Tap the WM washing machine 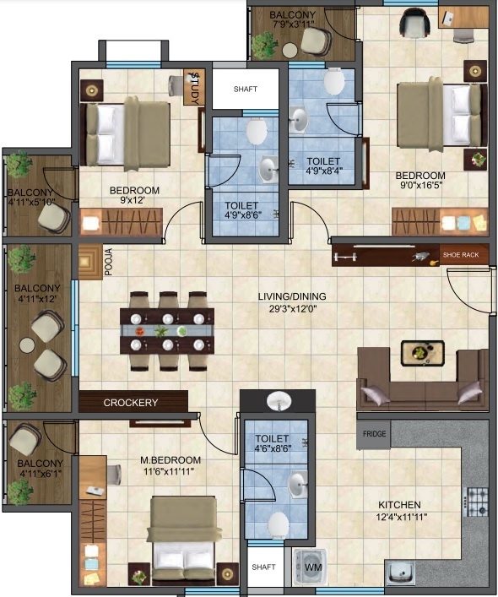(x=312, y=567)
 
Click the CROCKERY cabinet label (x=131, y=403)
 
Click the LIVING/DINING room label (x=292, y=296)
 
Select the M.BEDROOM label (x=169, y=460)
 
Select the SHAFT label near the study (x=245, y=89)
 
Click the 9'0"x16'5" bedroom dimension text (x=420, y=188)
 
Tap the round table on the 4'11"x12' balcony (x=26, y=345)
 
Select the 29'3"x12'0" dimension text (x=292, y=308)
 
